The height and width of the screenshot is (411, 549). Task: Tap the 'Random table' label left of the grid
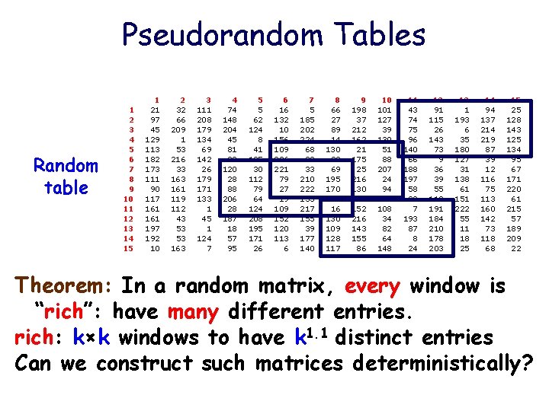66,177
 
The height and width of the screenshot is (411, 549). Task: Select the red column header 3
208,99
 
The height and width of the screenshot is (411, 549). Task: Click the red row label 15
129,248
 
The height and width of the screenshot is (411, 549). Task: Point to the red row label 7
131,169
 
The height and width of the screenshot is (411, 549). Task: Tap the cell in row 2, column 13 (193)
462,119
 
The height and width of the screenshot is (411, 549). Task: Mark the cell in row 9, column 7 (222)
308,189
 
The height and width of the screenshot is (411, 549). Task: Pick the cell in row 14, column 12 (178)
436,238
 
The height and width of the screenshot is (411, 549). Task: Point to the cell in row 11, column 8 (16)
335,209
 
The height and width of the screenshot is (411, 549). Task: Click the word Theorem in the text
62,287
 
